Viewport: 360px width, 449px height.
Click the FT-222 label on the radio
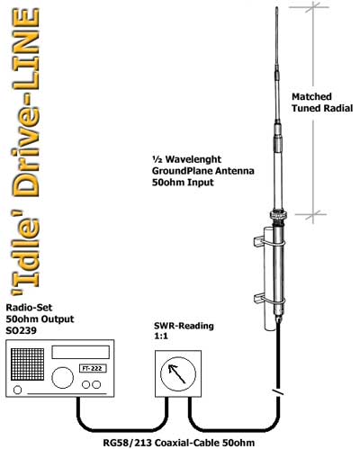pyautogui.click(x=93, y=368)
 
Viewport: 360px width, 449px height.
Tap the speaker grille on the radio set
pyautogui.click(x=27, y=364)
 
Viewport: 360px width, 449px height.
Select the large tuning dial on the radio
pyautogui.click(x=62, y=377)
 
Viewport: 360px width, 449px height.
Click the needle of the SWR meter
pyautogui.click(x=177, y=374)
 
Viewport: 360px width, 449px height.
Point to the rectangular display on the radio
pyautogui.click(x=80, y=352)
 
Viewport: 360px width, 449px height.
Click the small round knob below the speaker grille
pyautogui.click(x=18, y=390)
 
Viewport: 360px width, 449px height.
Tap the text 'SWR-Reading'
pyautogui.click(x=184, y=326)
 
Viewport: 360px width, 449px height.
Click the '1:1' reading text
pyautogui.click(x=161, y=337)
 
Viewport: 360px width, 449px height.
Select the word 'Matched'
pyautogui.click(x=311, y=96)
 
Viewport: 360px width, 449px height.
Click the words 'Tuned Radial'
pyautogui.click(x=322, y=108)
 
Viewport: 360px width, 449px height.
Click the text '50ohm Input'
pyautogui.click(x=183, y=183)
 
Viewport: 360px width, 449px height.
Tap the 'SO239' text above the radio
pyautogui.click(x=21, y=330)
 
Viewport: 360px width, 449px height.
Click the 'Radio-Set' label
pyautogui.click(x=29, y=308)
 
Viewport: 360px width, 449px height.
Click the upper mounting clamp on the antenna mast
pyautogui.click(x=269, y=241)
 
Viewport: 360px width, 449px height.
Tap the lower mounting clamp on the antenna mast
pyautogui.click(x=269, y=299)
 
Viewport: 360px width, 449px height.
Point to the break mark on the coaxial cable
pyautogui.click(x=278, y=392)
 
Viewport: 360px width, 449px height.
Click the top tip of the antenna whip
pyautogui.click(x=276, y=8)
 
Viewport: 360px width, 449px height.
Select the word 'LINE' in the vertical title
pyautogui.click(x=26, y=49)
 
